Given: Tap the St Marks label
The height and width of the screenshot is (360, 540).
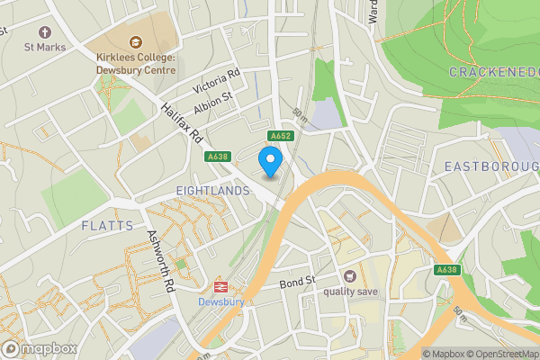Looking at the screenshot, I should (42, 46).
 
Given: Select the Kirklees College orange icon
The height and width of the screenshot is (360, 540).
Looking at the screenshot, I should (136, 40).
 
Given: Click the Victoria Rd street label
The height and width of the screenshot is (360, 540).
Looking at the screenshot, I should (219, 81).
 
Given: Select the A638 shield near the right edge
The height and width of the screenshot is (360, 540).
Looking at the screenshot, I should (447, 270).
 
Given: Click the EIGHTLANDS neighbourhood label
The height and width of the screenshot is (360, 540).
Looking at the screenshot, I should (212, 191).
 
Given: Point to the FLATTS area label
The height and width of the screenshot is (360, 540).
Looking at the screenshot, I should (106, 225).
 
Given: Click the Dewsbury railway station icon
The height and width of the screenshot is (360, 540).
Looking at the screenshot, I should (219, 287).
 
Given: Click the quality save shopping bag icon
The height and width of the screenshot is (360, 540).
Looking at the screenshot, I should (349, 276).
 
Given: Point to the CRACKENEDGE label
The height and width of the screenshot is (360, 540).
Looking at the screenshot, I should (492, 72).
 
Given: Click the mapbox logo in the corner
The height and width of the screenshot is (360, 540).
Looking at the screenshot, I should (40, 348).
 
